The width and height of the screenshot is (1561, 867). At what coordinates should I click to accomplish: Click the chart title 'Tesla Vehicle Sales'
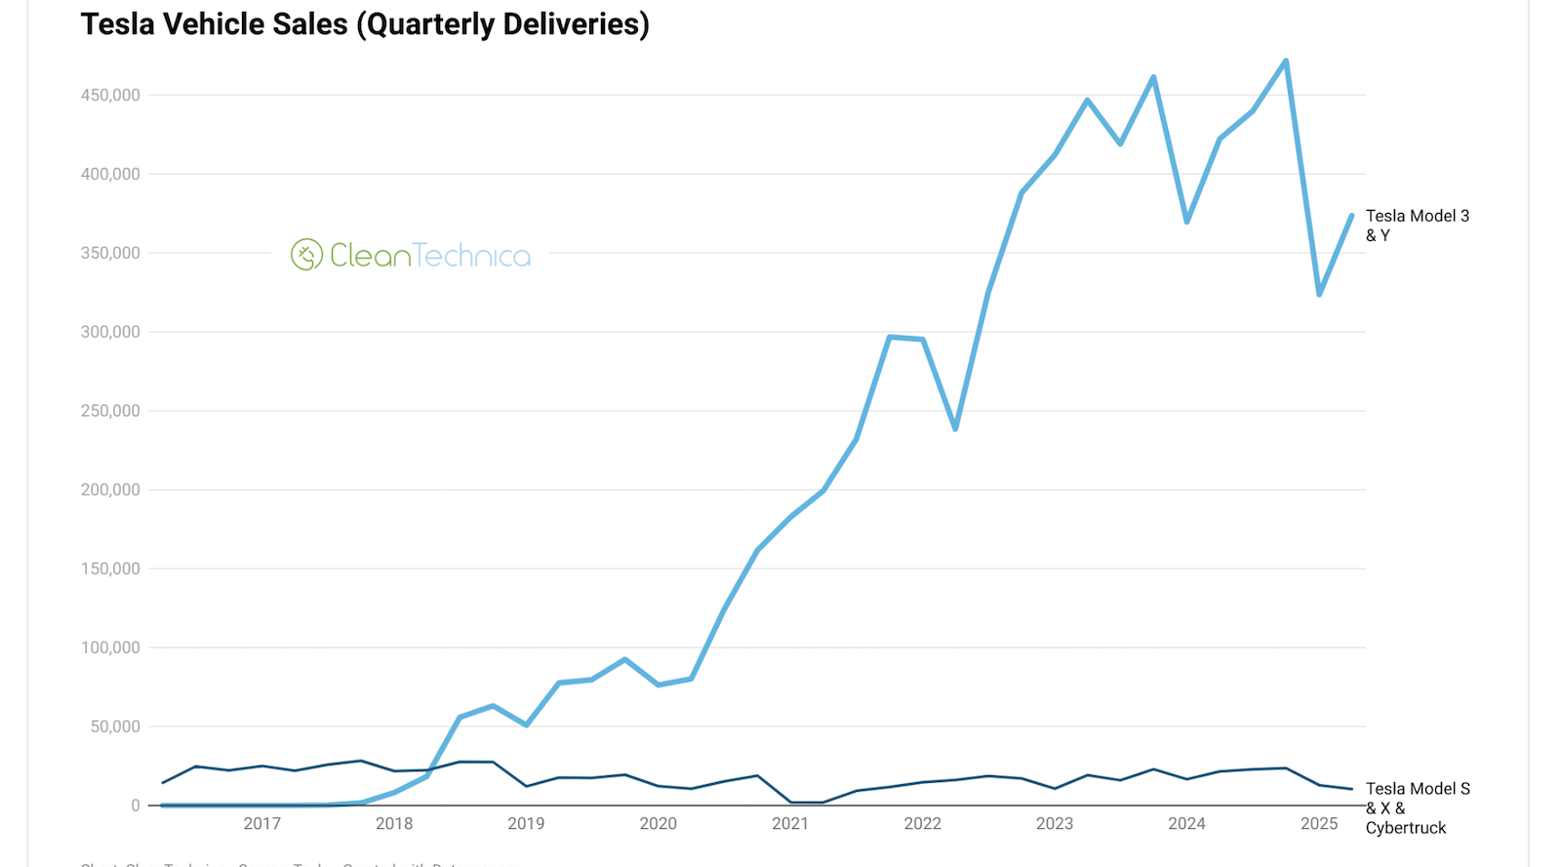pos(364,23)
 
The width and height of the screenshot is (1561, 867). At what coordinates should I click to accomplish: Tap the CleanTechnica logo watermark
pos(411,255)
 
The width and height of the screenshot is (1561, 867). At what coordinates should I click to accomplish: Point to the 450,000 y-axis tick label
pos(110,95)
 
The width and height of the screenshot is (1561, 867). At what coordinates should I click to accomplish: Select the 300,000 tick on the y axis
pos(110,332)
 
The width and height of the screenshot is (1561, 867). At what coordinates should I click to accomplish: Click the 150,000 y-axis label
pos(110,568)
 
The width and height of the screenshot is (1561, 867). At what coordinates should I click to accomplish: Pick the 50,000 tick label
pos(114,726)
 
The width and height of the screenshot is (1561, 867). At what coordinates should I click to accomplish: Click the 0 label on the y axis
pos(136,805)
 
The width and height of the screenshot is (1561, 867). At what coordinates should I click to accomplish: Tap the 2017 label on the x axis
pos(261,823)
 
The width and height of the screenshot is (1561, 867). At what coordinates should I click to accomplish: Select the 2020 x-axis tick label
pos(658,823)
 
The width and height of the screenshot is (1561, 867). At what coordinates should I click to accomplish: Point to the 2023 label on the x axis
pos(1055,823)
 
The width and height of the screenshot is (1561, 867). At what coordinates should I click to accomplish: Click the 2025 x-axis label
pos(1319,823)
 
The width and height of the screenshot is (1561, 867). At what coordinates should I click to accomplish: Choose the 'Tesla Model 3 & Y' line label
pos(1417,226)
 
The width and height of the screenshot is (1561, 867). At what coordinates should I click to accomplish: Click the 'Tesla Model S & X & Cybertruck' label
pos(1418,807)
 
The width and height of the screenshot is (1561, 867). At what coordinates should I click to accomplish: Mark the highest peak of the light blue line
pos(1286,61)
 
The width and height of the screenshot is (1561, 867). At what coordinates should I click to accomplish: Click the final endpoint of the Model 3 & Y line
pos(1352,215)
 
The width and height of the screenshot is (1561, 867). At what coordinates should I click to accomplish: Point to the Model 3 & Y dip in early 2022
pos(955,429)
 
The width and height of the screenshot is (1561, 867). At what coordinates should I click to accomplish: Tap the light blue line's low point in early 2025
pos(1319,294)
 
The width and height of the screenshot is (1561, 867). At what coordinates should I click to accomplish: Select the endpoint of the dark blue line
pos(1352,789)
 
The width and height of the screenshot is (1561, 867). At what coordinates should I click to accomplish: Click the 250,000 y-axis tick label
pos(110,411)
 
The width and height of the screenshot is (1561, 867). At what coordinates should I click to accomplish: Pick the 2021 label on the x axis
pos(790,823)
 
